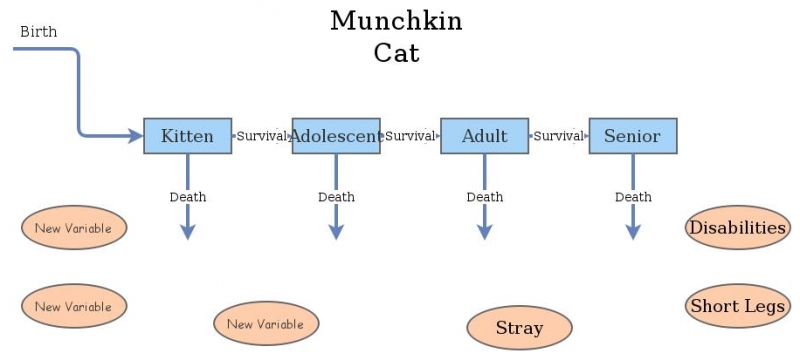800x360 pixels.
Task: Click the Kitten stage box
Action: (x=187, y=136)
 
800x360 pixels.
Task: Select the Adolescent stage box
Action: (x=336, y=136)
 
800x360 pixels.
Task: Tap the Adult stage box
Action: (x=484, y=136)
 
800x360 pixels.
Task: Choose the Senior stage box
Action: (x=632, y=136)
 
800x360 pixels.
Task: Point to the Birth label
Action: (x=39, y=32)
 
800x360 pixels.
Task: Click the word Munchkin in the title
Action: (x=396, y=21)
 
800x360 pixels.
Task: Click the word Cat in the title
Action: (x=396, y=52)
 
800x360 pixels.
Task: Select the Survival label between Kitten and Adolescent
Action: (x=262, y=136)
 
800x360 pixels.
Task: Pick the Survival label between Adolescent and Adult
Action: (x=410, y=136)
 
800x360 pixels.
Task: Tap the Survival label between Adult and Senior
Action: (x=558, y=136)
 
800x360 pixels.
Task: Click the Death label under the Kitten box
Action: (x=187, y=197)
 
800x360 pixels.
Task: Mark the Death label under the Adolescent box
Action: (x=336, y=197)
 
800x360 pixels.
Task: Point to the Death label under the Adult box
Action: (x=484, y=197)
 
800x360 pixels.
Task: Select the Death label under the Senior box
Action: (x=632, y=197)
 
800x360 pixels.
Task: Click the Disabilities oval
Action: (x=737, y=228)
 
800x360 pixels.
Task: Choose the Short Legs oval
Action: (x=737, y=306)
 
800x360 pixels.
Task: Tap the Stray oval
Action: (x=519, y=327)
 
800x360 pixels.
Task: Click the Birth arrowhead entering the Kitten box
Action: (x=136, y=136)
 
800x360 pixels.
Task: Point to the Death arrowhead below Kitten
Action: (x=187, y=231)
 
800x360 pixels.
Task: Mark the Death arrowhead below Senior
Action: (x=632, y=231)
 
